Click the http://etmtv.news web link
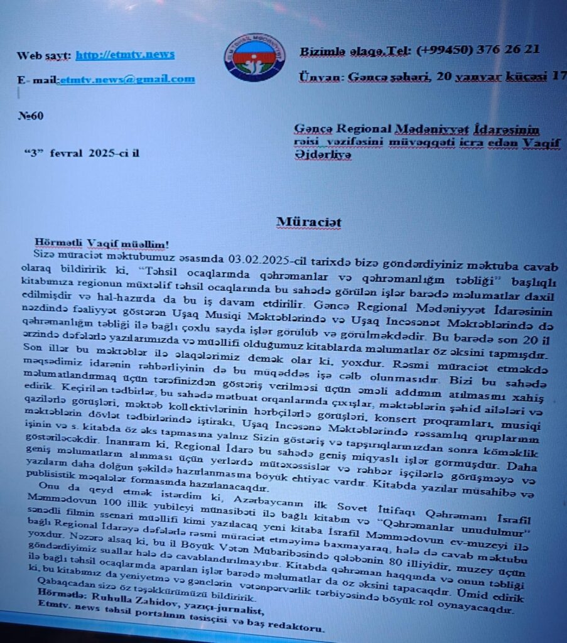pyautogui.click(x=125, y=55)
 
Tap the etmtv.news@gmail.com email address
pyautogui.click(x=127, y=79)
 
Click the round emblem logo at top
pyautogui.click(x=254, y=57)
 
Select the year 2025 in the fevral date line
pyautogui.click(x=100, y=153)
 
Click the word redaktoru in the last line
pyautogui.click(x=297, y=628)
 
